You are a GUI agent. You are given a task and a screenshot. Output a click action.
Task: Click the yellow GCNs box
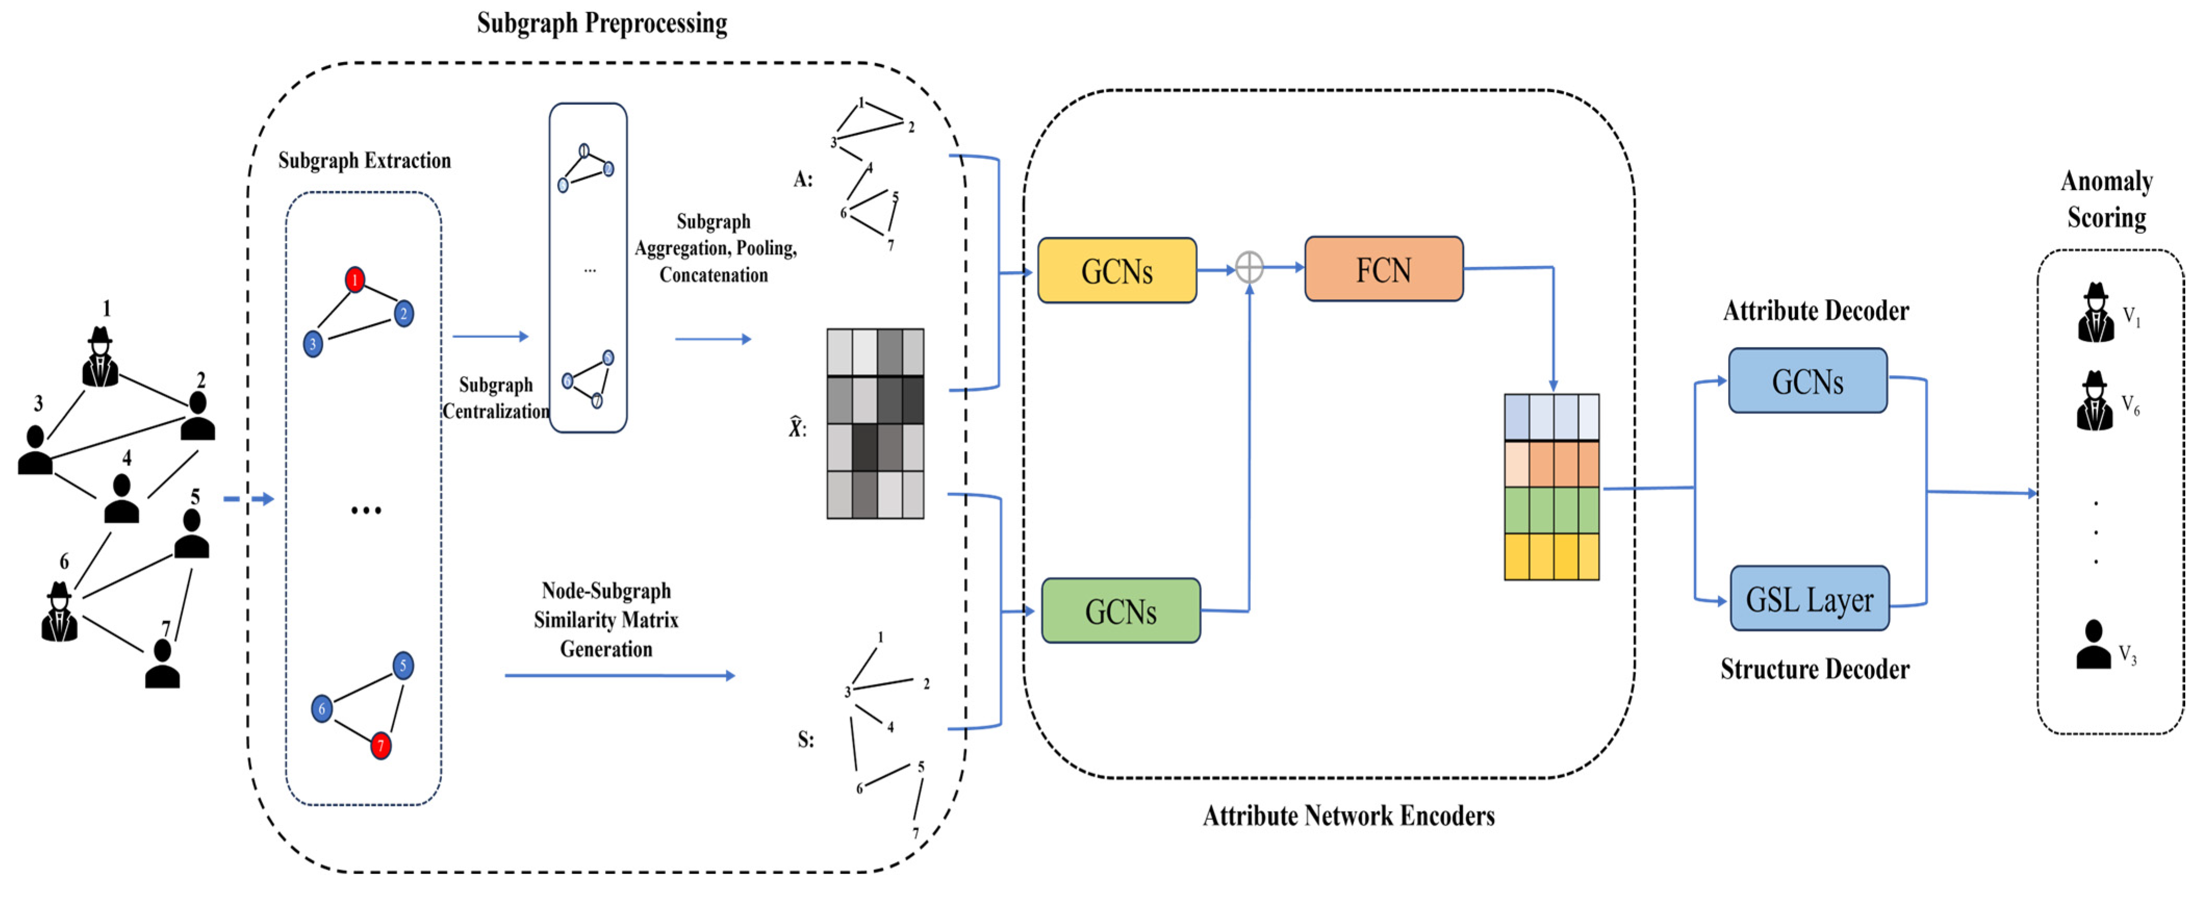(1116, 271)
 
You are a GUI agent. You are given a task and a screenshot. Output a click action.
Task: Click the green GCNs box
(1120, 610)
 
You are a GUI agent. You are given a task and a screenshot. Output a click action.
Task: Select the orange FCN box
(1383, 270)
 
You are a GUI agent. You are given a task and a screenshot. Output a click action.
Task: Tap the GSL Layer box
(1809, 598)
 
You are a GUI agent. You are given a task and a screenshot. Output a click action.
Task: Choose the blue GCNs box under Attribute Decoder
(1807, 381)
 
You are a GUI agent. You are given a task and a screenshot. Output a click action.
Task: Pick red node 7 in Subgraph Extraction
(381, 746)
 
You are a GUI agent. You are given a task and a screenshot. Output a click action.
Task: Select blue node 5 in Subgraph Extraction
(403, 665)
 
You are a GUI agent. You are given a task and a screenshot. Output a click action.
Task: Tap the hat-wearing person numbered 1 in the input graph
(100, 358)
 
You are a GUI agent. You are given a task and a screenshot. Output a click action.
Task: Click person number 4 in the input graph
(122, 499)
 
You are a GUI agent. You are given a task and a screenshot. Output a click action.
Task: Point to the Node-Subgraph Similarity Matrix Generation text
(606, 620)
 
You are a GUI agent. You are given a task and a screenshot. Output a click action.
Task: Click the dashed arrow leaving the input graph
(248, 498)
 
